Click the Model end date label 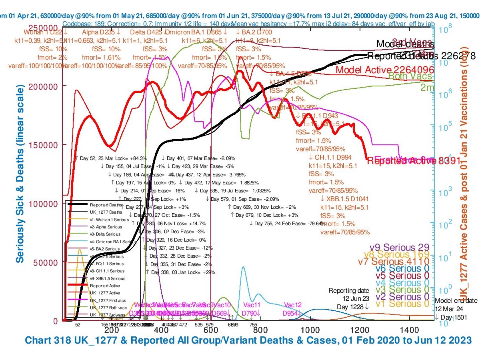pyautogui.click(x=456, y=301)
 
